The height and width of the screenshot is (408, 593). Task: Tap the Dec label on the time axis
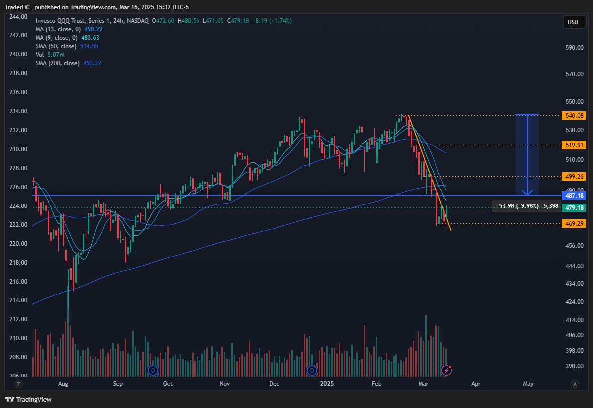[275, 384]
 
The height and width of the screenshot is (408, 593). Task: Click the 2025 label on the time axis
[327, 384]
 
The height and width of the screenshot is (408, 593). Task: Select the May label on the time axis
[528, 384]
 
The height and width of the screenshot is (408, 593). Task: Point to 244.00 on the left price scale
[18, 17]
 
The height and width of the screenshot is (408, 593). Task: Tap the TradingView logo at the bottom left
[28, 399]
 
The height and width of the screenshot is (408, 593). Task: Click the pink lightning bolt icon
[447, 370]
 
